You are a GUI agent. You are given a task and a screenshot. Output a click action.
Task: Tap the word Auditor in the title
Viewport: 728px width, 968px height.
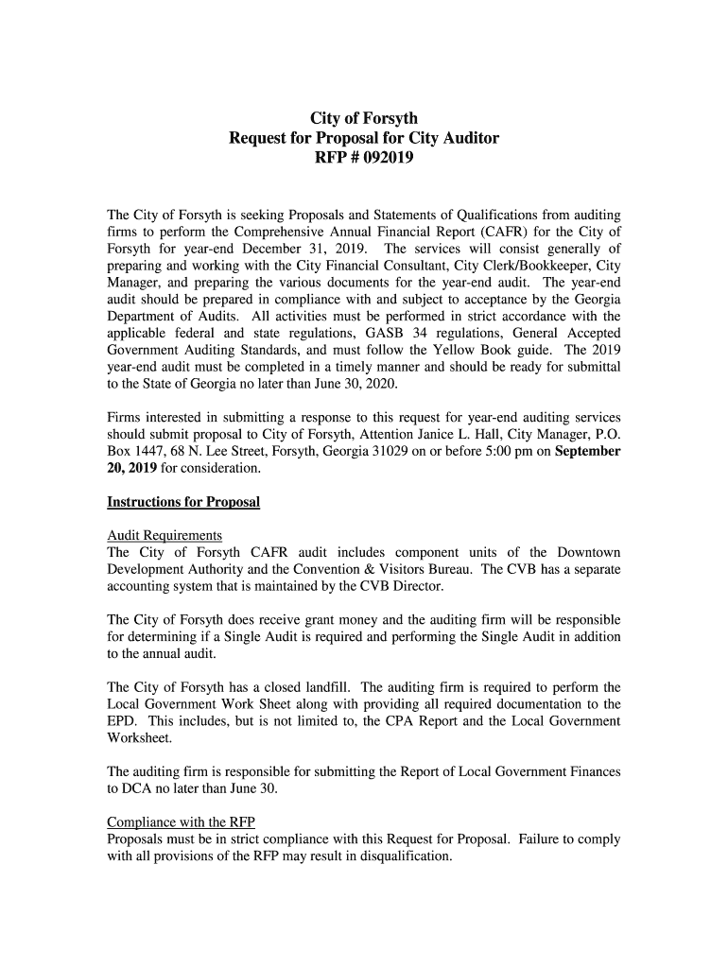tap(464, 139)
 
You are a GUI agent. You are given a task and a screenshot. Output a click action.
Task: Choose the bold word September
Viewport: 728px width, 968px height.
tap(587, 452)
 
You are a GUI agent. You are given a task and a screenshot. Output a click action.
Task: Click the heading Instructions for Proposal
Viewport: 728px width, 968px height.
tap(183, 502)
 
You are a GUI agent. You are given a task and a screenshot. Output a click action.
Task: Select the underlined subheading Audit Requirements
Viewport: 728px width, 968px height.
tap(165, 535)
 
